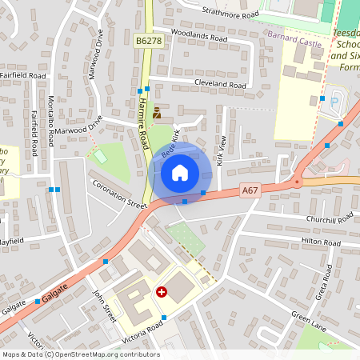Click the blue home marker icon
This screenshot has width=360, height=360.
(x=180, y=172)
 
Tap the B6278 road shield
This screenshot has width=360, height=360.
(x=149, y=39)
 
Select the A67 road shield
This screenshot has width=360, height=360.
(x=250, y=190)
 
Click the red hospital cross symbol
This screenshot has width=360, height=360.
(x=162, y=293)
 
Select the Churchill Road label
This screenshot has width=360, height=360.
(x=329, y=219)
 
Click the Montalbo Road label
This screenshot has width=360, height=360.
(x=51, y=120)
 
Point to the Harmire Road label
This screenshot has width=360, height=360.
(x=143, y=125)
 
